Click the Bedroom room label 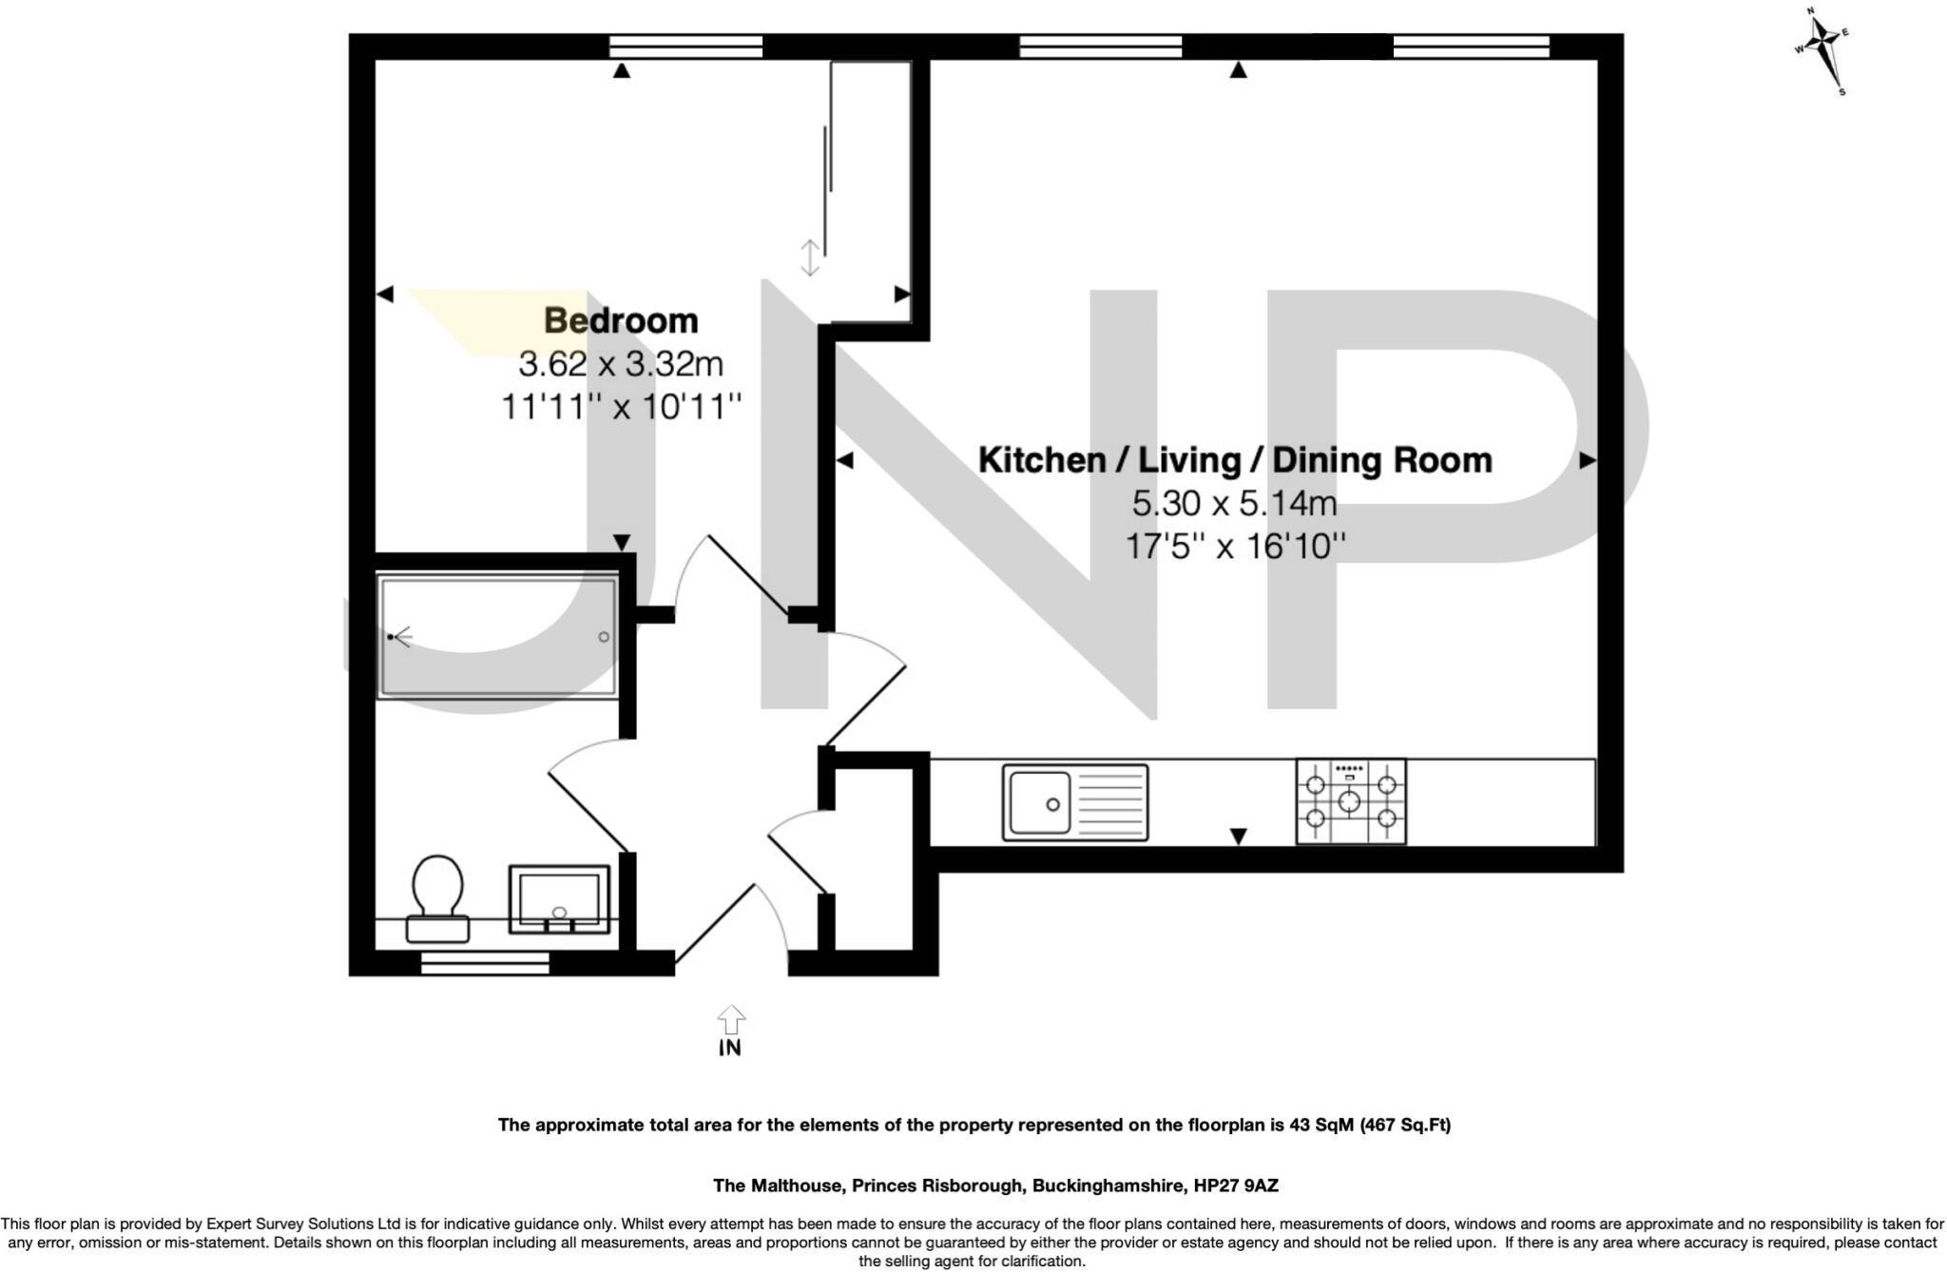[x=621, y=320]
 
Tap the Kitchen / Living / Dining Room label [x=1234, y=460]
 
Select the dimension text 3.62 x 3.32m [x=621, y=364]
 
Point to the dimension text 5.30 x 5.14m [x=1234, y=503]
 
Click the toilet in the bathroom [x=437, y=897]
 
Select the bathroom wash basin [x=558, y=898]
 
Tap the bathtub [x=497, y=636]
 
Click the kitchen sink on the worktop [x=1074, y=802]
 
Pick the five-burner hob [x=1350, y=801]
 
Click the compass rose [x=1822, y=48]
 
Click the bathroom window [x=485, y=964]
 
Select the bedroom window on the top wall [x=685, y=46]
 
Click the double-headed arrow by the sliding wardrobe [x=809, y=258]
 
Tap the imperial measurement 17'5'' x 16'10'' [x=1234, y=547]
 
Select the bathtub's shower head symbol [x=397, y=636]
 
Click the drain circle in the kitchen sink [x=1052, y=804]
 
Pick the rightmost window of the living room [x=1471, y=46]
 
